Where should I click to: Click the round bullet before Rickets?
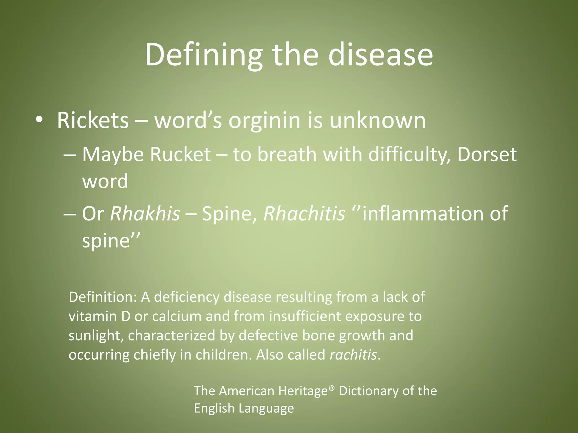click(x=40, y=120)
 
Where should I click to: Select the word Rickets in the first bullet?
click(x=93, y=121)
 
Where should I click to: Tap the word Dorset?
click(x=487, y=154)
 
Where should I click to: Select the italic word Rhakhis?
click(x=145, y=213)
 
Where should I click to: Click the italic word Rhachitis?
click(x=304, y=213)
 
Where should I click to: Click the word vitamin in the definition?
click(x=93, y=316)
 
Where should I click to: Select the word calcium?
click(x=176, y=316)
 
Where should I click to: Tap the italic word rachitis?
click(x=353, y=355)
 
